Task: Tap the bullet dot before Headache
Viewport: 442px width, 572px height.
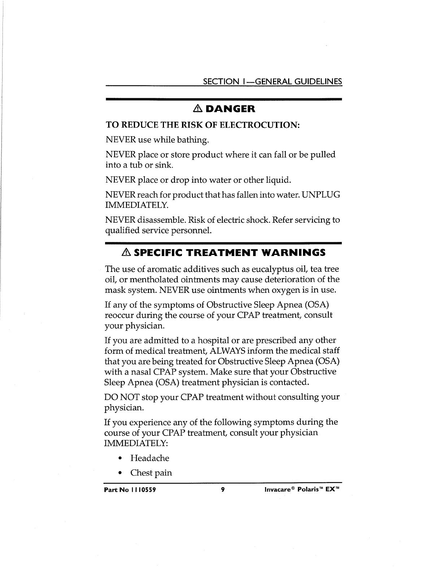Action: click(120, 459)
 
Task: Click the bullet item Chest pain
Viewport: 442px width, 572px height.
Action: click(151, 473)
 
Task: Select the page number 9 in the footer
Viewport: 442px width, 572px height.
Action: click(223, 490)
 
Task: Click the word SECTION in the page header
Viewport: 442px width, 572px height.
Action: click(219, 81)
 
